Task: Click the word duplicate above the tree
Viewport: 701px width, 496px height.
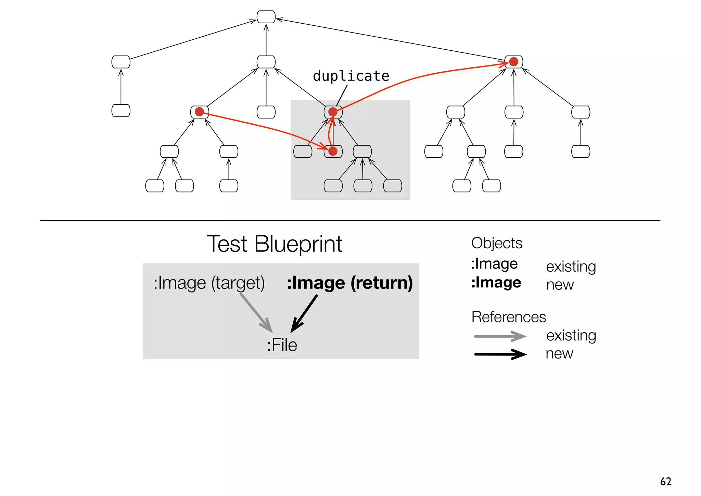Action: [x=351, y=76]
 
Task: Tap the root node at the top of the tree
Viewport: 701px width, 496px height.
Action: [x=266, y=17]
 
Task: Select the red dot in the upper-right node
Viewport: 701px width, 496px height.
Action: [x=513, y=62]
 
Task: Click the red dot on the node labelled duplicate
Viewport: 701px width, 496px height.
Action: [x=333, y=112]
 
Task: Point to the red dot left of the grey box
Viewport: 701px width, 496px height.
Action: [x=199, y=112]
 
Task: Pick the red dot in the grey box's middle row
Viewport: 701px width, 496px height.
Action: [x=333, y=151]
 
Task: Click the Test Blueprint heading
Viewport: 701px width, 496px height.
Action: [x=274, y=244]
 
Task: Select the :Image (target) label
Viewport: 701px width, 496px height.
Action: [x=209, y=283]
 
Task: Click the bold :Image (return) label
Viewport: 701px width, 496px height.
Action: [x=349, y=283]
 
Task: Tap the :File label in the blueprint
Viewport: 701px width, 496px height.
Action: [x=282, y=345]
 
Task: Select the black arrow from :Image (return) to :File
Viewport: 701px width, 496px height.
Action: [x=304, y=313]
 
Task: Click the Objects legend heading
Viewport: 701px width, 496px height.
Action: [x=496, y=243]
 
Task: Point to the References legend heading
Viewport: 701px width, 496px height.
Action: [x=508, y=317]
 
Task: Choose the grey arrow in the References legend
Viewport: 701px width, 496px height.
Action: [x=500, y=336]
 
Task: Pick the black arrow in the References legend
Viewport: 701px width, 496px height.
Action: [x=500, y=354]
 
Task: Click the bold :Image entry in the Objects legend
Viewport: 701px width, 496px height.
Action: [x=496, y=283]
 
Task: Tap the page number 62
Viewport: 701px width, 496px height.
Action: [x=665, y=481]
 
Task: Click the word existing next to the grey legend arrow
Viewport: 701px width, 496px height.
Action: [x=571, y=335]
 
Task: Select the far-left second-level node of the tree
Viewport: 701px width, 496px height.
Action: [x=121, y=62]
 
